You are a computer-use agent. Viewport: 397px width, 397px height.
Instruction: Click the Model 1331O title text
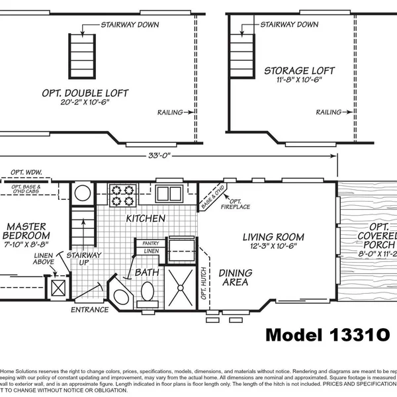tap(330, 335)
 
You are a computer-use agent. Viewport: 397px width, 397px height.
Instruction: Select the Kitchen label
tap(146, 219)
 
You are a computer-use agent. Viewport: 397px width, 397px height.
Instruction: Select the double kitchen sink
tap(169, 193)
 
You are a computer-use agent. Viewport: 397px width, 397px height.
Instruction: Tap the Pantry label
tap(150, 243)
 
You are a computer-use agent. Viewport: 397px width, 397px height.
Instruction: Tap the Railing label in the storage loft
tap(329, 112)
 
